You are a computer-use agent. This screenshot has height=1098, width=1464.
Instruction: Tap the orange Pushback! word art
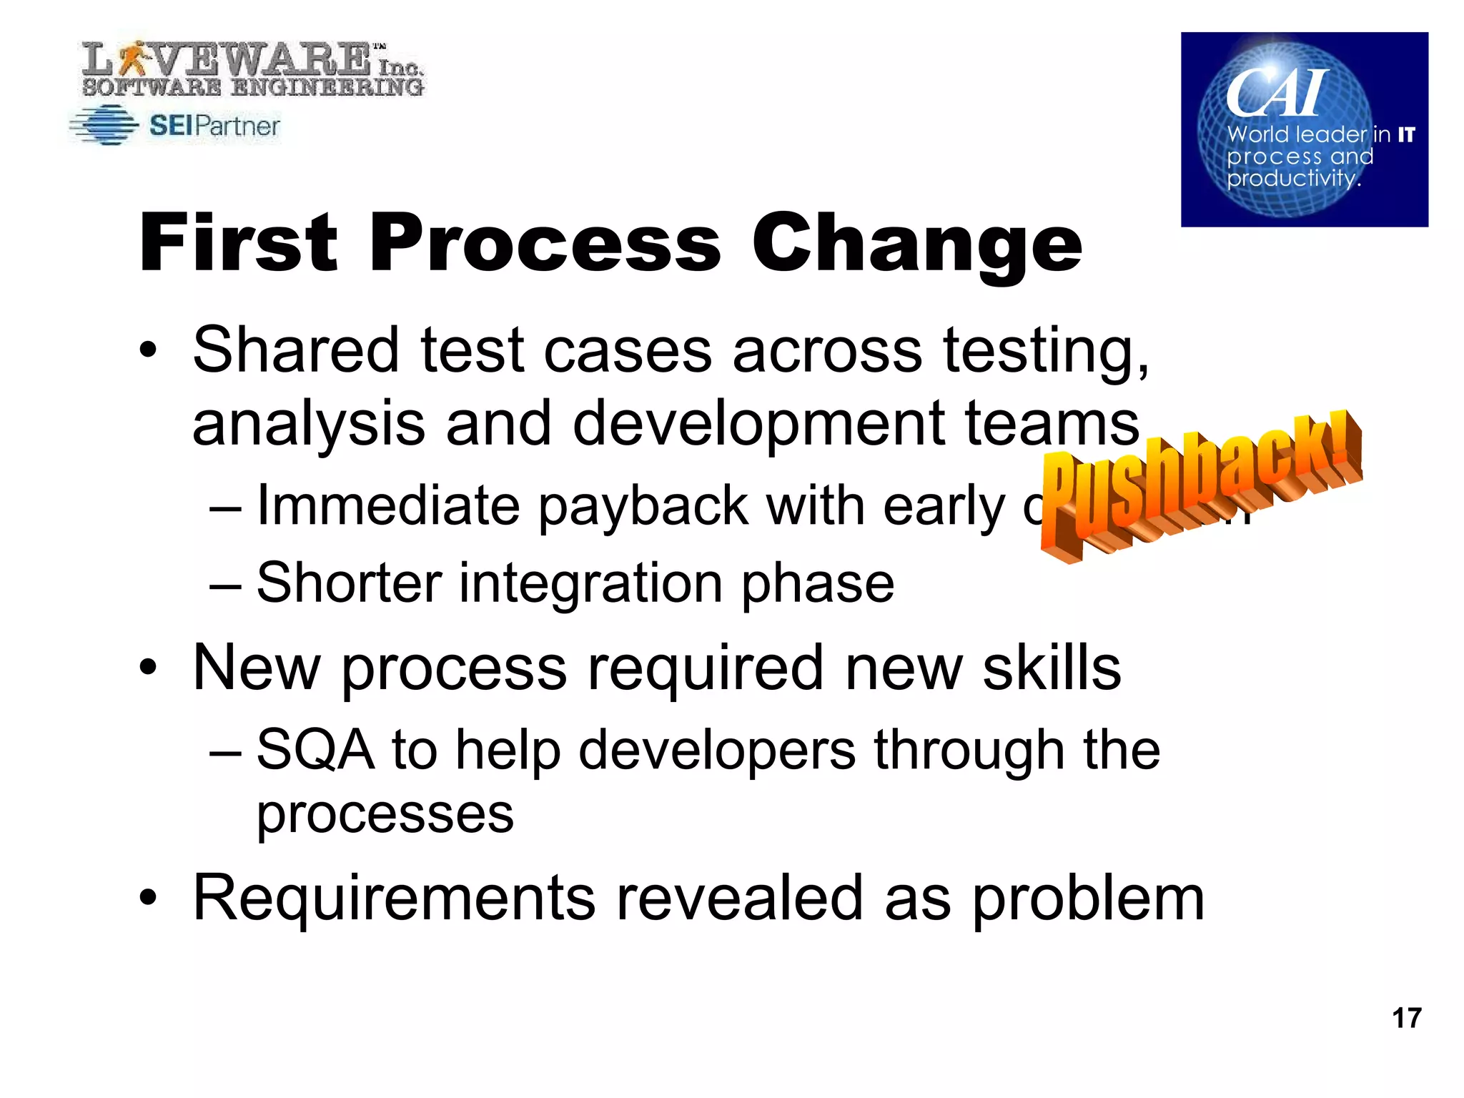(x=1201, y=486)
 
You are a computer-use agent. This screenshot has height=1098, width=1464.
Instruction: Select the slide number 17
(x=1406, y=1018)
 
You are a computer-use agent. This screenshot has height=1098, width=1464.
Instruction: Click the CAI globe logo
(x=1304, y=129)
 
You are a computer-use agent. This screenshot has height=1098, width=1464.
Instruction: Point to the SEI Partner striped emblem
(x=104, y=126)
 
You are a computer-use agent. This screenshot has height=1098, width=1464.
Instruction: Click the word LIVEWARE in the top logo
(x=229, y=61)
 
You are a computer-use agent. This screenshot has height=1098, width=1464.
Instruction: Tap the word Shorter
(x=349, y=583)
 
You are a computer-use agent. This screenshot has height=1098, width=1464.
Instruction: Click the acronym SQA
(x=315, y=751)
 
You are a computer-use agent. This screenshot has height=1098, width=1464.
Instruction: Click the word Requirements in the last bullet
(x=394, y=899)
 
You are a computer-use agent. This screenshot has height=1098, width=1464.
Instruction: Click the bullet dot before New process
(x=148, y=668)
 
